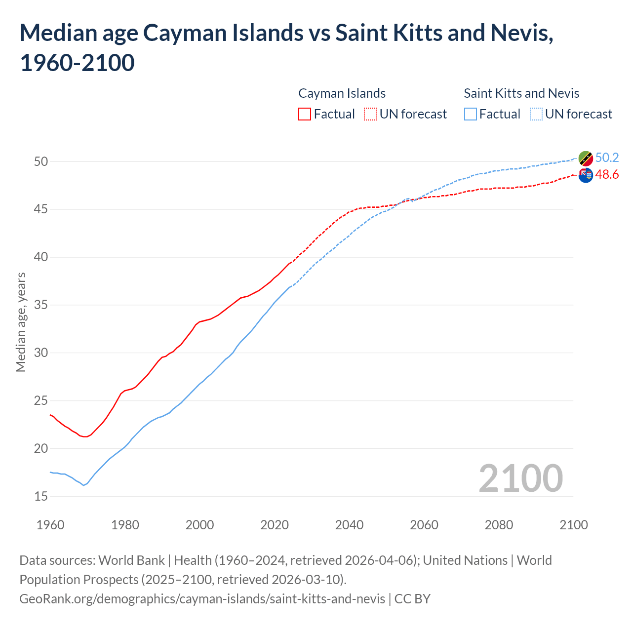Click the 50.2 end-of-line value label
click(x=607, y=158)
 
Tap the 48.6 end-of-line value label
click(x=607, y=175)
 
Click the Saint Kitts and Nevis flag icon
click(x=586, y=158)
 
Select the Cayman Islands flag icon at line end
click(x=586, y=175)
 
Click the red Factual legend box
click(x=305, y=114)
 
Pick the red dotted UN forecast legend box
click(x=370, y=114)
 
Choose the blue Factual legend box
click(x=471, y=114)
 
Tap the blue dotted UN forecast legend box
click(x=536, y=114)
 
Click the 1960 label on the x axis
click(x=50, y=525)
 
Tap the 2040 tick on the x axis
click(x=349, y=525)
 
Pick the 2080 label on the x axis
click(x=499, y=525)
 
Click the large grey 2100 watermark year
click(x=520, y=478)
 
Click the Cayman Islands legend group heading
click(x=342, y=93)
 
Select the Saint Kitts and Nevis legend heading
click(x=521, y=93)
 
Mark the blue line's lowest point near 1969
click(x=83, y=485)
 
